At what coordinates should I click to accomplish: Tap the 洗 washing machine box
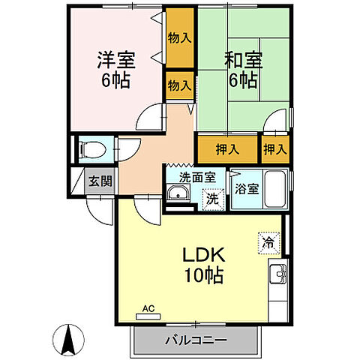click(x=212, y=199)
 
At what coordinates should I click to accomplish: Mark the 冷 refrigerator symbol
click(x=268, y=242)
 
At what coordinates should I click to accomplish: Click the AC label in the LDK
click(x=148, y=308)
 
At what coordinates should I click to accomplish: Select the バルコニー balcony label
click(x=196, y=340)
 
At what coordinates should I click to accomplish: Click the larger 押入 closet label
click(x=227, y=149)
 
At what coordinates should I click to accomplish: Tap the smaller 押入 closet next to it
click(x=274, y=149)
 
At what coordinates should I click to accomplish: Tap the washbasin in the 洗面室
click(x=178, y=197)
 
